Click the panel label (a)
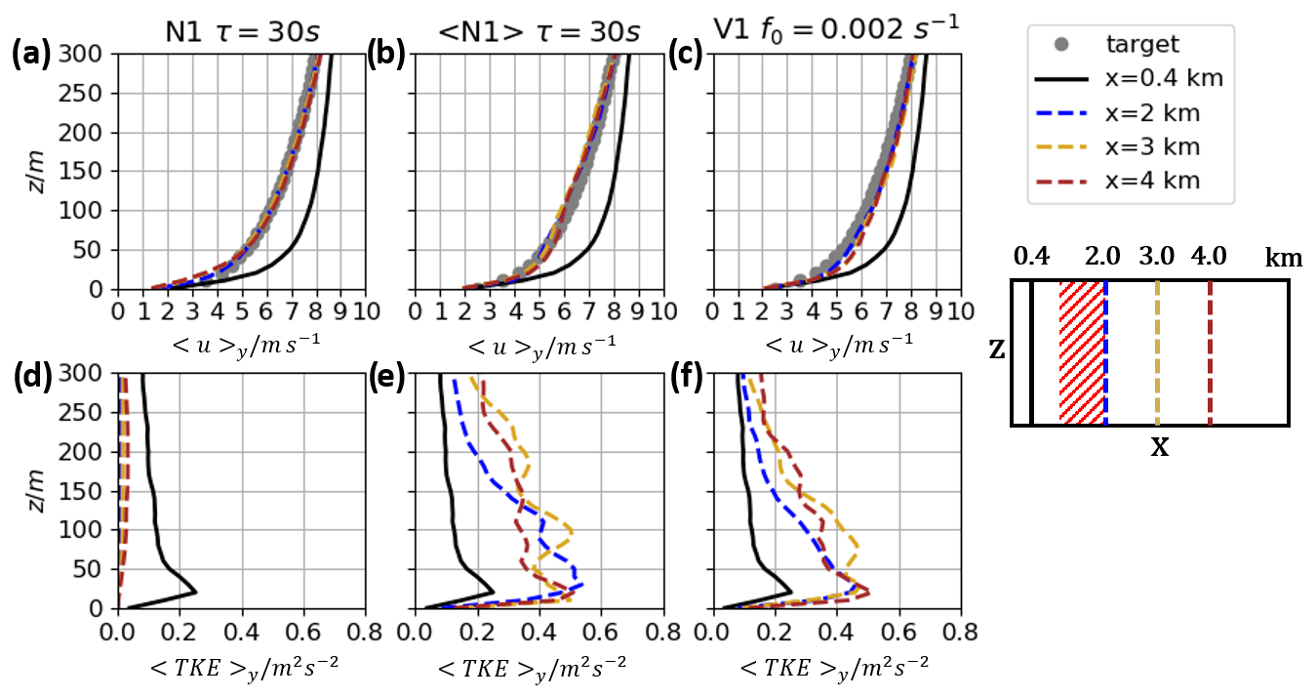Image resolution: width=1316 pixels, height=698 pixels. (x=30, y=55)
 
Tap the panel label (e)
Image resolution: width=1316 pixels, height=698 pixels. (x=387, y=375)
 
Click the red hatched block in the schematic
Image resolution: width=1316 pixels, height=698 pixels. (x=1082, y=352)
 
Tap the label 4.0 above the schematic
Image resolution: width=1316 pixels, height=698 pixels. (x=1209, y=258)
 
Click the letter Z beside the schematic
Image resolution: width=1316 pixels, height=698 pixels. (x=996, y=350)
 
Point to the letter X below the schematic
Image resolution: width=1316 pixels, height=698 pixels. (x=1159, y=449)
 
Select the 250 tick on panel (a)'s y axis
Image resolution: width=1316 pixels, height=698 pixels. (x=95, y=94)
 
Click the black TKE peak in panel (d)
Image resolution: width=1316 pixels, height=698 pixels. (x=196, y=592)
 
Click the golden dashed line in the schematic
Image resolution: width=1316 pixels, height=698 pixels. (x=1157, y=352)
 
